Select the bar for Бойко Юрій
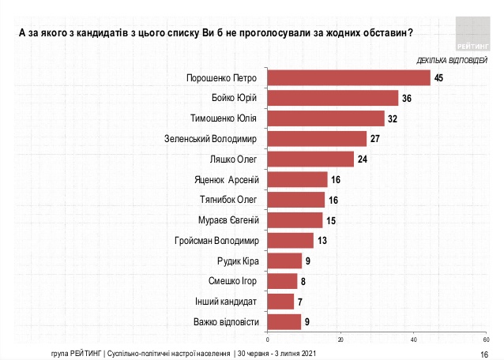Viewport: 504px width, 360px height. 333,98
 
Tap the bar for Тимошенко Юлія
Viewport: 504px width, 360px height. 325,118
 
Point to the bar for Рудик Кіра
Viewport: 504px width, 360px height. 285,261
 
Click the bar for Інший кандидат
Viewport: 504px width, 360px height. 281,301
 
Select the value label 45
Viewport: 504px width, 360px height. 439,77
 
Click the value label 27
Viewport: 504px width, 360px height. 375,139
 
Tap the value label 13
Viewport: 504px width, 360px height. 322,240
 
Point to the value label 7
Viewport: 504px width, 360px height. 300,301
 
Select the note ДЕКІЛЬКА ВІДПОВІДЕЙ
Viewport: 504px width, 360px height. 446,60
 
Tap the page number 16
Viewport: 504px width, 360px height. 484,353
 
